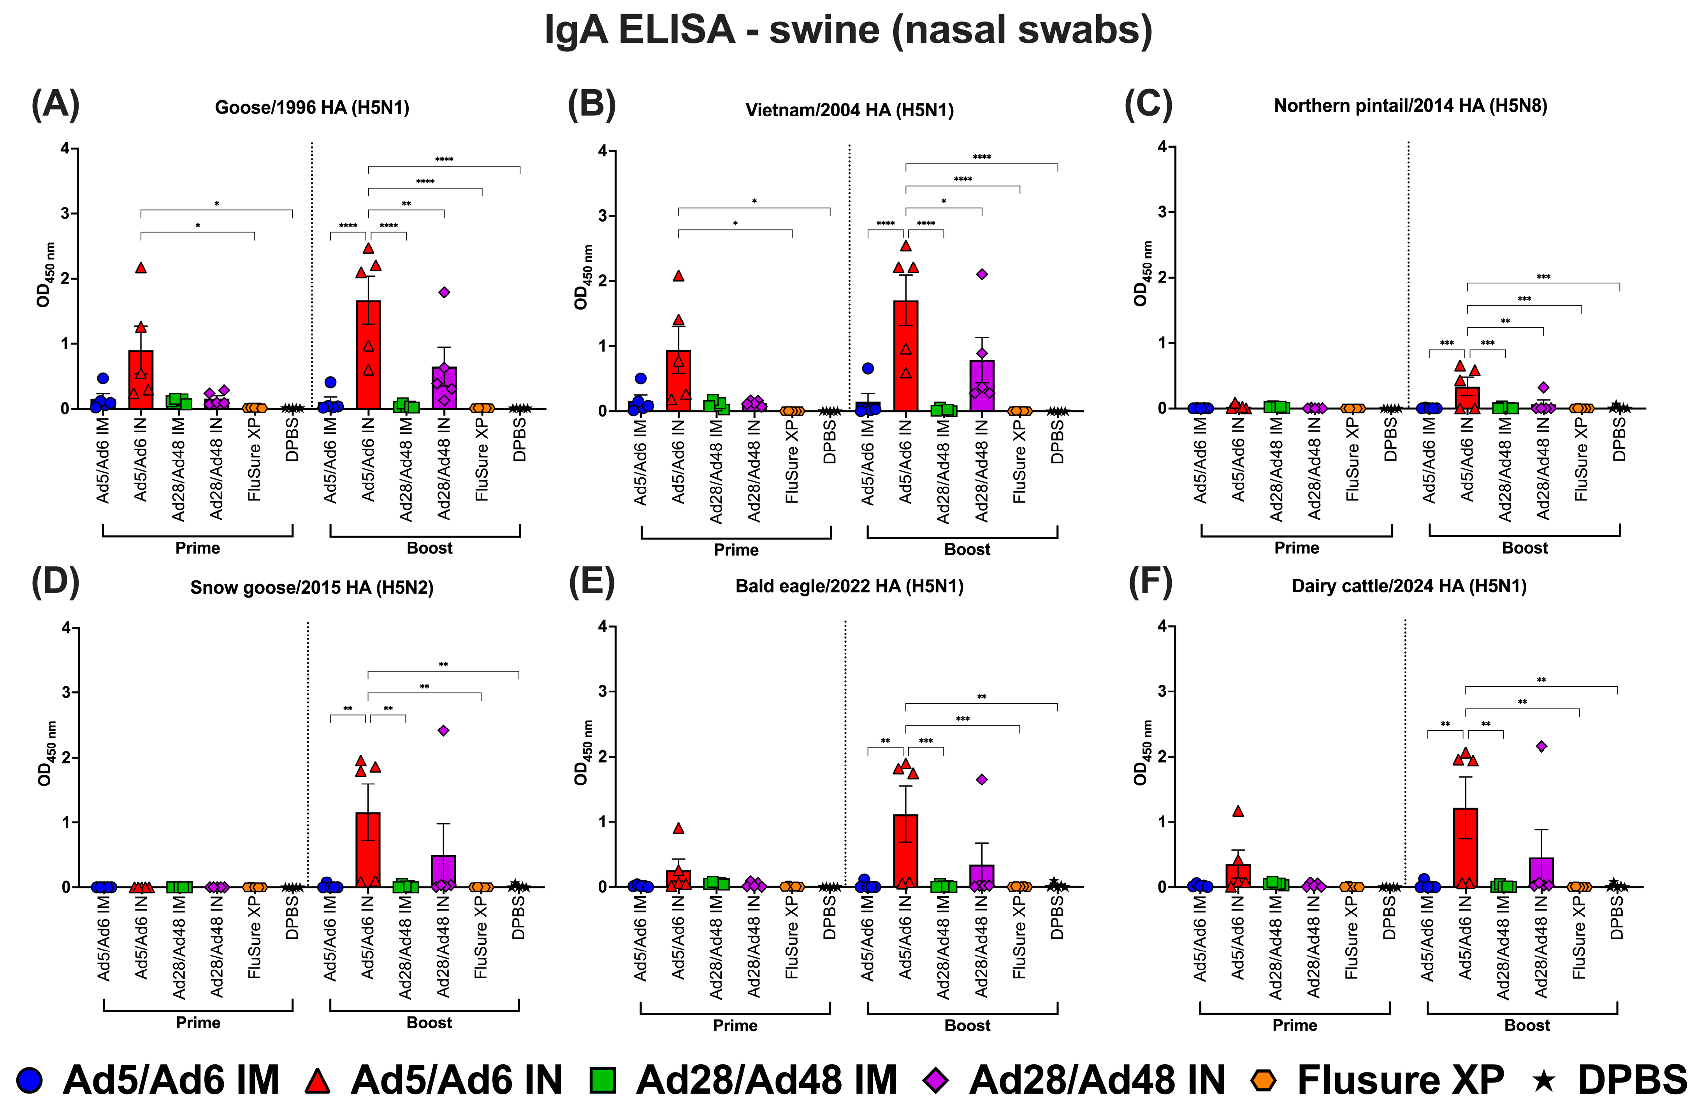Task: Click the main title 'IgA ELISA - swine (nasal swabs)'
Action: pos(848,30)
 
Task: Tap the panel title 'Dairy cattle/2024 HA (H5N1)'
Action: pos(1409,586)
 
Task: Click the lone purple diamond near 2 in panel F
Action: pos(1541,746)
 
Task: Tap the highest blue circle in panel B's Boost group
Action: pos(867,368)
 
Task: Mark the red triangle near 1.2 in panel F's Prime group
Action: pos(1238,811)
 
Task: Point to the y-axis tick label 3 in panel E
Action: pos(602,691)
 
